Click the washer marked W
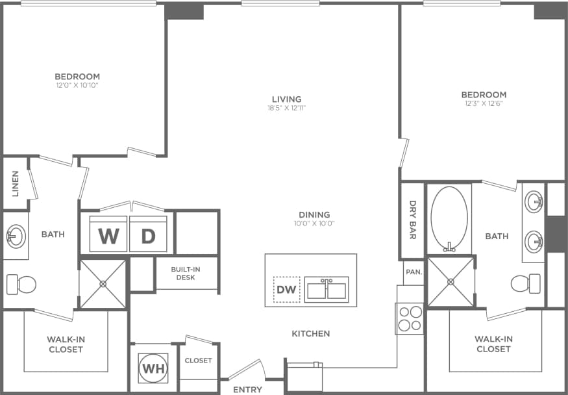pyautogui.click(x=108, y=235)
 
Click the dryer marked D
pyautogui.click(x=149, y=235)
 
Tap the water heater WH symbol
pyautogui.click(x=153, y=368)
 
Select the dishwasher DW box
pyautogui.click(x=286, y=289)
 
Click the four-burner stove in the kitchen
pyautogui.click(x=409, y=318)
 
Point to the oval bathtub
pyautogui.click(x=449, y=218)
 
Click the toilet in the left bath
pyautogui.click(x=21, y=284)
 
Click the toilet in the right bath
pyautogui.click(x=526, y=283)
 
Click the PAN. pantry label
pyautogui.click(x=413, y=272)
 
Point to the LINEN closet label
pyautogui.click(x=15, y=183)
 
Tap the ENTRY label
pyautogui.click(x=247, y=389)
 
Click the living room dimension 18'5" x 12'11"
pyautogui.click(x=287, y=108)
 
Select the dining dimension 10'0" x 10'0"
pyautogui.click(x=314, y=223)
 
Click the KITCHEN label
pyautogui.click(x=310, y=333)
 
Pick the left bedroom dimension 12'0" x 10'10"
pyautogui.click(x=77, y=84)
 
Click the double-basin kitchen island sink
pyautogui.click(x=327, y=289)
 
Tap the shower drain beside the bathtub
pyautogui.click(x=451, y=282)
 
